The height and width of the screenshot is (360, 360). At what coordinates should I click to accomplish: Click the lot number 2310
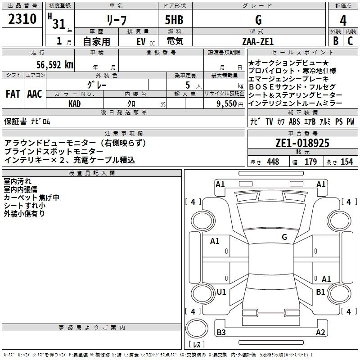click(x=22, y=18)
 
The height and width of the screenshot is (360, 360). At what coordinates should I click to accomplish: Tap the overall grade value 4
click(x=343, y=21)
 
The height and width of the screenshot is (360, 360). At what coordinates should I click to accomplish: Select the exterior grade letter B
click(x=336, y=41)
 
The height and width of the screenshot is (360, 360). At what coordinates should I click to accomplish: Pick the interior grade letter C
click(x=350, y=41)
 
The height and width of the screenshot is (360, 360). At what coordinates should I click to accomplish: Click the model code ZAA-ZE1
click(x=258, y=41)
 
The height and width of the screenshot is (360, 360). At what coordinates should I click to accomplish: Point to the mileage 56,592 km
click(x=55, y=64)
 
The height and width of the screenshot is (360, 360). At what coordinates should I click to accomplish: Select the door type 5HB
click(x=174, y=20)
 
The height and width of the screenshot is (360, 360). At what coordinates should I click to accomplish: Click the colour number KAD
click(x=74, y=104)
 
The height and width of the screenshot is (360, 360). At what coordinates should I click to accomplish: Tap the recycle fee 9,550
click(x=227, y=104)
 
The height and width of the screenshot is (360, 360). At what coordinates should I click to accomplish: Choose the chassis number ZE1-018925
click(x=302, y=143)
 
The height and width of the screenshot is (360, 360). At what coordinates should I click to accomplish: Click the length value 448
click(x=273, y=162)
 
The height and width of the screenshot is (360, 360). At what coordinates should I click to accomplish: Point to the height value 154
click(x=346, y=162)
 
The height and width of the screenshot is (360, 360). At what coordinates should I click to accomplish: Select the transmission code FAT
click(x=13, y=94)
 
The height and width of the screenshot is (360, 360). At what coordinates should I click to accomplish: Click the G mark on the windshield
click(x=284, y=237)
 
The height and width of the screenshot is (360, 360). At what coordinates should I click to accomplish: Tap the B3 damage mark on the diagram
click(x=221, y=332)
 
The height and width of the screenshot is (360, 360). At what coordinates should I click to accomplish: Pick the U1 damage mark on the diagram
click(x=221, y=292)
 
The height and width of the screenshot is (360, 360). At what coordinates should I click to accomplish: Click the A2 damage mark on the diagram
click(x=320, y=332)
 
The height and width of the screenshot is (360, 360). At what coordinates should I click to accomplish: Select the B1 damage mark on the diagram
click(x=320, y=292)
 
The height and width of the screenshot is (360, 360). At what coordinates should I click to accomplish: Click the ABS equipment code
click(x=294, y=121)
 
